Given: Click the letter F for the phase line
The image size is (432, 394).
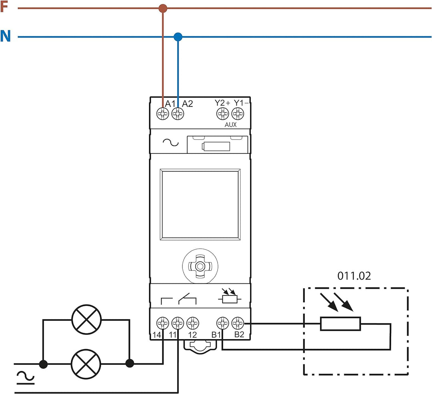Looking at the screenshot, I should coord(4,7).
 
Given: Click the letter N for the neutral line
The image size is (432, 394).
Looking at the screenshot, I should coord(5,36).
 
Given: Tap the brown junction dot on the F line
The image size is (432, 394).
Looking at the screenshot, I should coord(162,8).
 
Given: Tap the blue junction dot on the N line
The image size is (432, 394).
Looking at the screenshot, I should coord(178,37).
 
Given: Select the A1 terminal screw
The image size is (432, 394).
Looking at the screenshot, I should coord(162,114).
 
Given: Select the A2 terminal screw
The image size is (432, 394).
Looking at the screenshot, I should coord(178,114).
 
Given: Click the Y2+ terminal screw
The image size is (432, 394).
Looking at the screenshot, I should coord(222,114).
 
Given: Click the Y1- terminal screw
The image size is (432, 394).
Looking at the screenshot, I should coord(238,114).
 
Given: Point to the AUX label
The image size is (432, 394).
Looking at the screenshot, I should coord(230,125).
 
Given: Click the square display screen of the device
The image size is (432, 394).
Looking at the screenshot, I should coord(200,204).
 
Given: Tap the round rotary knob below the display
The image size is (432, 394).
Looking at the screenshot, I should coord(200,265).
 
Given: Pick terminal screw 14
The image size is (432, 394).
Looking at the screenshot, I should coord(162,323).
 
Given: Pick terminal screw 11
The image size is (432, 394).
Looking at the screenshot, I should coord(178,323).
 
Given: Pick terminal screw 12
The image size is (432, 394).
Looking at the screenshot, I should coord(192,323).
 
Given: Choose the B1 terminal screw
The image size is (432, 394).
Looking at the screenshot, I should coord(222,323).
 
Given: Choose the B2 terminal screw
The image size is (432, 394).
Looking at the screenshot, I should coord(238,323).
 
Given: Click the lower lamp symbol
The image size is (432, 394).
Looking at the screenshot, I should coord(86,364).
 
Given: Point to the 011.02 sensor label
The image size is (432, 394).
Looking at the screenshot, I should coord(354,276).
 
